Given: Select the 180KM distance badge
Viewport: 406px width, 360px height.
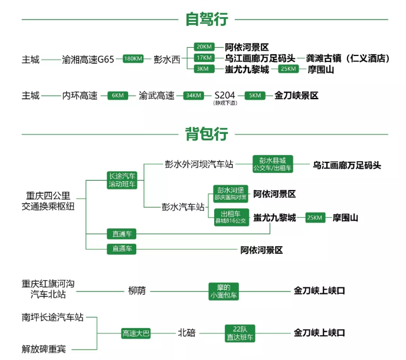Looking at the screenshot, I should coord(133,58).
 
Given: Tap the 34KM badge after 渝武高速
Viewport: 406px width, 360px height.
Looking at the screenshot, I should coord(194,95).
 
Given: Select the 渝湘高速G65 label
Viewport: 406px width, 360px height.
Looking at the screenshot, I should coord(89,58).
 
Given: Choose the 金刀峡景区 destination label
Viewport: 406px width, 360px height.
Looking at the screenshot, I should coord(296,95).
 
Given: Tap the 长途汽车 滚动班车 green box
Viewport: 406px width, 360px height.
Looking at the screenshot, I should coord(122,180).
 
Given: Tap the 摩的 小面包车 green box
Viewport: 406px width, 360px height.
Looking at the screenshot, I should coord(224,291).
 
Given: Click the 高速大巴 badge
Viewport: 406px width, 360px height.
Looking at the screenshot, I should coord(136,333).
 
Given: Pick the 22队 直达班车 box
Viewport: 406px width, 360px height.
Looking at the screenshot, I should coord(240,333).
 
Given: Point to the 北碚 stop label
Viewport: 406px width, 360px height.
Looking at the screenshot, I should coord(187,333).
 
